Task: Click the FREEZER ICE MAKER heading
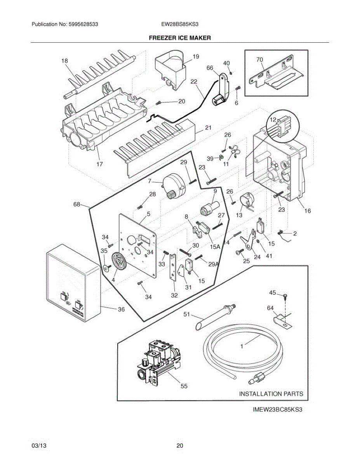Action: click(x=180, y=38)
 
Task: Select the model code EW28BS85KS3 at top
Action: click(x=180, y=24)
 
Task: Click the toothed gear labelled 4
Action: click(x=120, y=263)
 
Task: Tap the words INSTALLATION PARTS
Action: click(x=271, y=394)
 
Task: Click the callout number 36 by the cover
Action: click(x=121, y=309)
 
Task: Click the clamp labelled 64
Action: click(x=282, y=320)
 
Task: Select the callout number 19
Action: click(x=196, y=57)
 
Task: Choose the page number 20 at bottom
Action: click(x=179, y=446)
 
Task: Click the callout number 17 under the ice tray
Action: click(x=99, y=164)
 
